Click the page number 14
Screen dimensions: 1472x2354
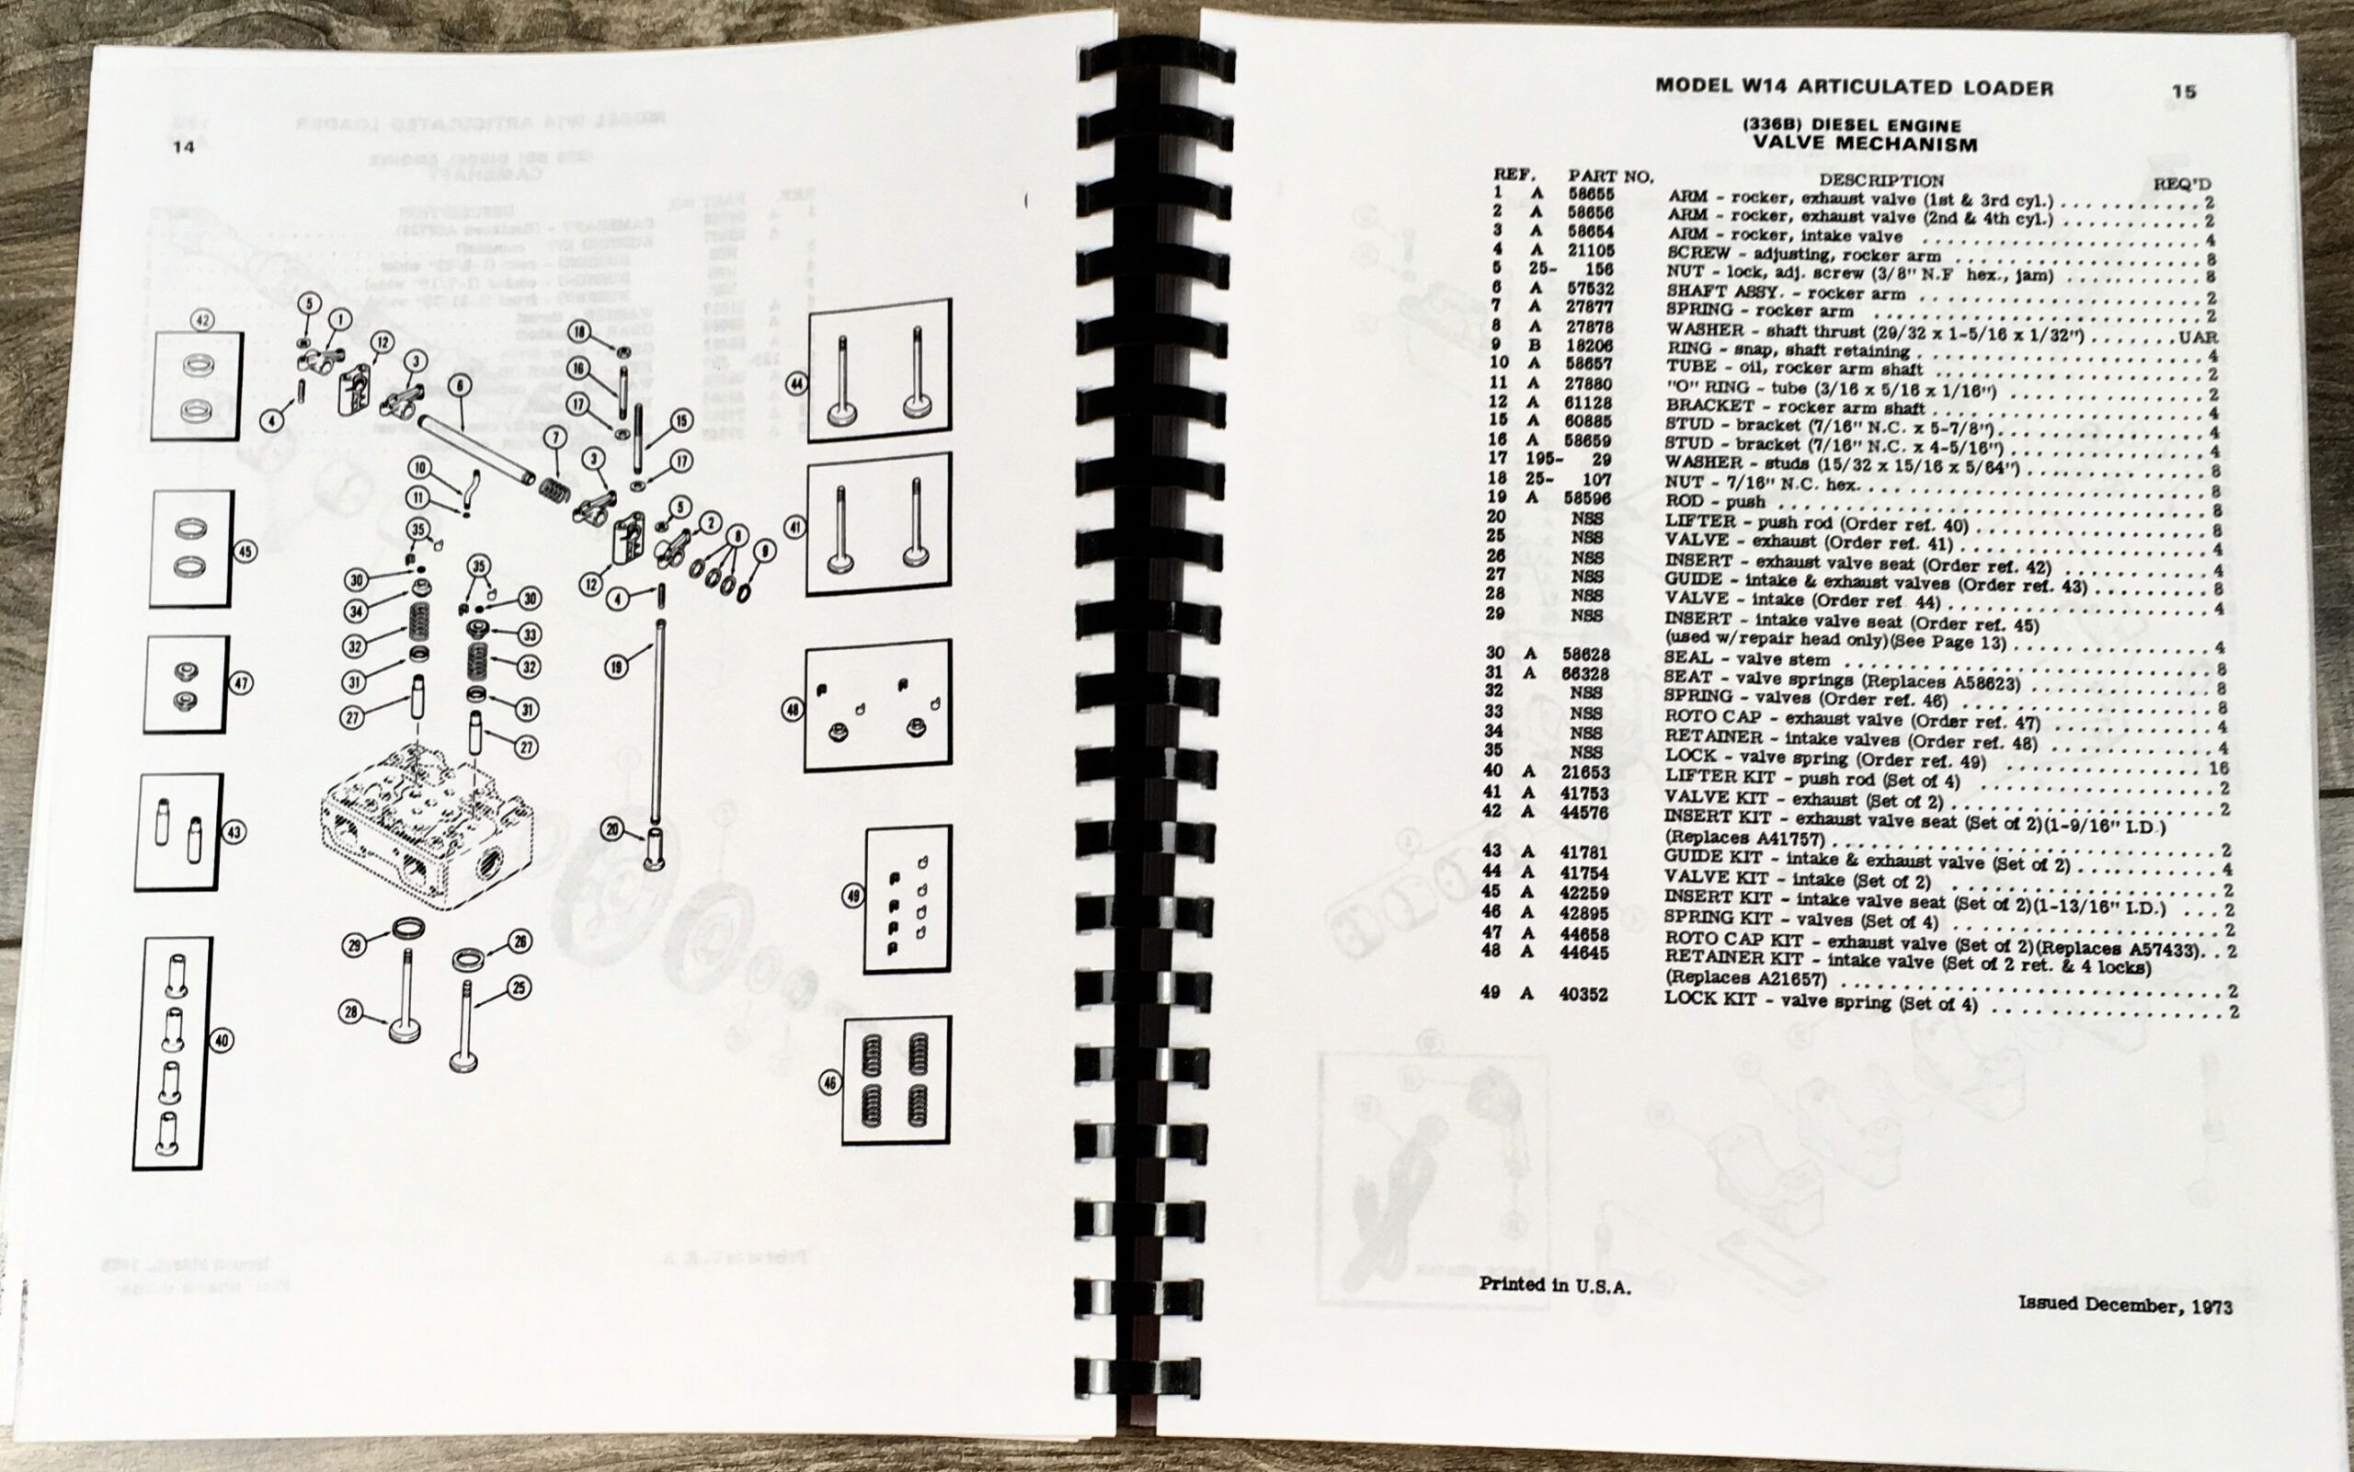(183, 147)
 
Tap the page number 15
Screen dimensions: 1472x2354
(2184, 92)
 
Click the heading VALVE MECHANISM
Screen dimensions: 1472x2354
(1864, 145)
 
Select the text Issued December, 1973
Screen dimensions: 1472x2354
(2124, 1304)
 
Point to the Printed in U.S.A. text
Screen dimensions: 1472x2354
(1554, 1285)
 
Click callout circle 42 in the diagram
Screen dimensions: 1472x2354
(203, 320)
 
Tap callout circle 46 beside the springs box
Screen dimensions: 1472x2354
(829, 1082)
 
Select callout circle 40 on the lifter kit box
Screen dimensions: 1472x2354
(222, 1041)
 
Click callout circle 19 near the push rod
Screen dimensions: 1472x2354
(616, 667)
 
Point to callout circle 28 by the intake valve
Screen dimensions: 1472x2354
(351, 1013)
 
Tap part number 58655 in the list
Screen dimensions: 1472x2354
(1591, 196)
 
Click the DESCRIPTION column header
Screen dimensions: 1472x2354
(1880, 180)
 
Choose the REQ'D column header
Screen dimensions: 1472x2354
(2181, 184)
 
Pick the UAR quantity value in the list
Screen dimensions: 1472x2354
(2199, 337)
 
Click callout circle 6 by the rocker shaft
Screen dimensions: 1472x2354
(460, 386)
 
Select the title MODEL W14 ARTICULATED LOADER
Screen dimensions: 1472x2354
(1855, 87)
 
